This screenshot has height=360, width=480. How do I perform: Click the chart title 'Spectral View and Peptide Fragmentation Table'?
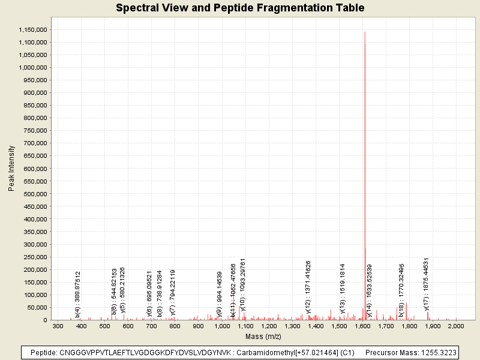pos(240,8)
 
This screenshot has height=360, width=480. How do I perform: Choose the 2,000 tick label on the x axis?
pos(456,326)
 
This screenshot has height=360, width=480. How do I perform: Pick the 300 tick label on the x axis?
pos(58,326)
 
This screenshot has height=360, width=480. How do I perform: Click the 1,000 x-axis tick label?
pos(222,326)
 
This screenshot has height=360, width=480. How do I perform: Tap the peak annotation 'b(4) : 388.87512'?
pos(78,293)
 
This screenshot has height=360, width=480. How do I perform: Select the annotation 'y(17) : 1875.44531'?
pos(427,284)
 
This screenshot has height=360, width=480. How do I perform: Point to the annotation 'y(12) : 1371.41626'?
pos(308,287)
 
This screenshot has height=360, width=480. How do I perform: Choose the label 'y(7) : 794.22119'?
pos(173,292)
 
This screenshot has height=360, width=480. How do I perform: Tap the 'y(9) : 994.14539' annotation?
pos(220,294)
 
